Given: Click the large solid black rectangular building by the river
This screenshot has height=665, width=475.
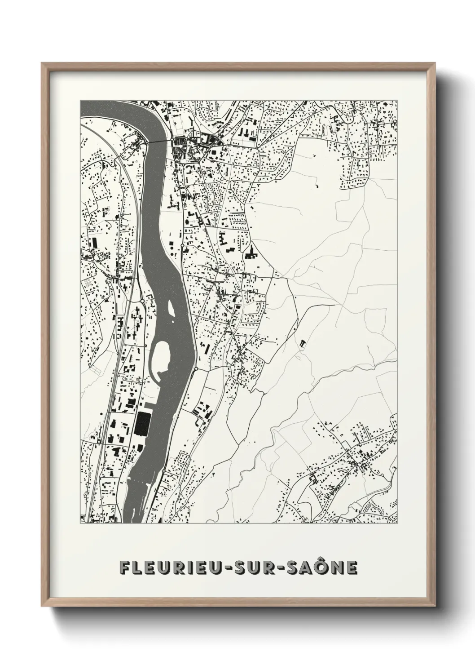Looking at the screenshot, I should coord(143,424).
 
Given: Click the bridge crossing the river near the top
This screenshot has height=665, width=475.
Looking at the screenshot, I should coord(160,142).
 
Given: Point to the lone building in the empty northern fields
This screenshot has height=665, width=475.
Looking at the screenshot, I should coord(317,185).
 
